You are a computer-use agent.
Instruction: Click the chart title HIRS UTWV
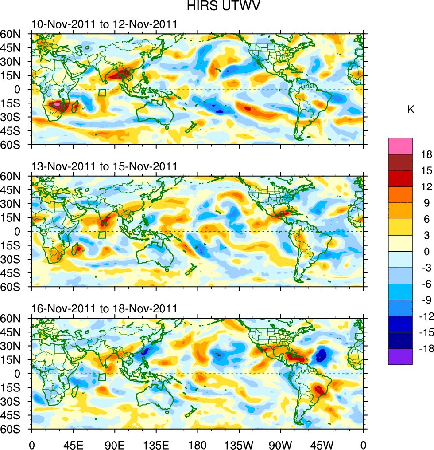coord(217,7)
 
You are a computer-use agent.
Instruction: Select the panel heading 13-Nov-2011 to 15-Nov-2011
coord(104,166)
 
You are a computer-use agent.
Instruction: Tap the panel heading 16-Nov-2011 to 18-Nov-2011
coord(104,308)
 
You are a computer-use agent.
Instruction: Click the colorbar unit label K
coord(411,109)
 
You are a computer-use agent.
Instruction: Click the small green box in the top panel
coord(102,92)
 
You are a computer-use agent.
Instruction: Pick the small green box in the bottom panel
coord(102,377)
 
